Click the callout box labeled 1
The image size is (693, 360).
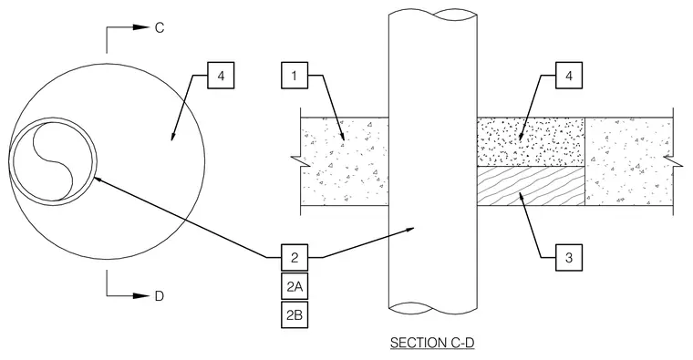point(295,76)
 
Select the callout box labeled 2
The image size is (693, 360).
point(295,257)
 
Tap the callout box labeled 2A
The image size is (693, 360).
point(295,286)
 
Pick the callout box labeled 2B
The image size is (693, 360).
point(295,315)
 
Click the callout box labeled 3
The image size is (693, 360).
point(569,257)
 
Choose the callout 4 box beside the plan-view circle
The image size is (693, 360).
point(221,76)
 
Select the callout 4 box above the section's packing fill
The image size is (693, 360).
point(569,76)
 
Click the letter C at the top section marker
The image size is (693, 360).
point(159,28)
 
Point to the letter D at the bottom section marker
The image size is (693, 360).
point(159,296)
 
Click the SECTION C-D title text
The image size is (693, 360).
point(432,343)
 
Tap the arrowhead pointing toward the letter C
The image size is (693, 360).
point(141,27)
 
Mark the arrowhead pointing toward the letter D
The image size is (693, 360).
point(141,295)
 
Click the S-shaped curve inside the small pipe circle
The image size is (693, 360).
point(53,160)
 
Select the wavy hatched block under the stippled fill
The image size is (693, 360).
point(531,186)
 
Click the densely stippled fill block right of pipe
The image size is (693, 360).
point(531,142)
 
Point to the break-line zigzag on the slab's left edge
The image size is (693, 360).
point(300,161)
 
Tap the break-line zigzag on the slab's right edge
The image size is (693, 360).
point(674,161)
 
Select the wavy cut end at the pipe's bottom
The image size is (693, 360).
point(433,308)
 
